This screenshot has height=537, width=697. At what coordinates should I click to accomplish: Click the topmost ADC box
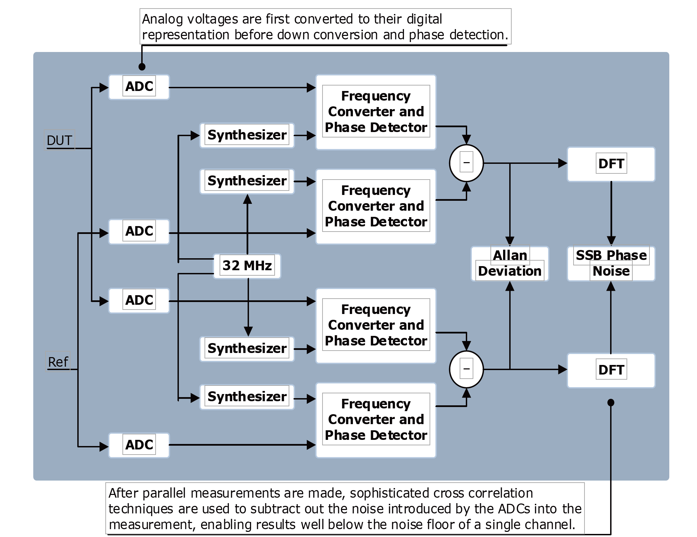139,87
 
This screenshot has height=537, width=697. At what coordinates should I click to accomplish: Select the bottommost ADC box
139,445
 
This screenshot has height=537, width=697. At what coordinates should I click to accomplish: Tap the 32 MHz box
247,266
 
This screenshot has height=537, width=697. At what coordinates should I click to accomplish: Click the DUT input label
60,140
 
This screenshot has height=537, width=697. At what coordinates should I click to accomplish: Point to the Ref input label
58,362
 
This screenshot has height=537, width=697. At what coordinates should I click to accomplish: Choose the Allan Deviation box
510,264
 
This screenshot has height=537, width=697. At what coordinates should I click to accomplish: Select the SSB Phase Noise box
611,264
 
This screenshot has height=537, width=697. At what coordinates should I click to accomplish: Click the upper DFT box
611,164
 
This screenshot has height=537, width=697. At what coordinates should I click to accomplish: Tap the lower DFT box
611,370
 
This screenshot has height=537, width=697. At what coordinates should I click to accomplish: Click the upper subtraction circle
466,163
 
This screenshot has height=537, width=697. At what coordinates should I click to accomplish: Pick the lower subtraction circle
466,369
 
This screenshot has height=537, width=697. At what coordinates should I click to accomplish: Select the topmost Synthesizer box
247,135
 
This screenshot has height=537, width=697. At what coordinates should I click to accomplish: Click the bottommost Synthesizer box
247,397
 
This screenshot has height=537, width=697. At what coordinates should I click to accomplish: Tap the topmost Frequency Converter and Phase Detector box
376,112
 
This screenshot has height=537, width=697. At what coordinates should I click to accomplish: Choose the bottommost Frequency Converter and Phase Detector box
376,420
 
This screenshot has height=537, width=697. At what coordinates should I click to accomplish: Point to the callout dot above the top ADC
142,67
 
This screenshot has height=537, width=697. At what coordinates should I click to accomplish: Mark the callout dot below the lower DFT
611,403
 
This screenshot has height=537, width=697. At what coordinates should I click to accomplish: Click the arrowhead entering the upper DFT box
563,163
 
